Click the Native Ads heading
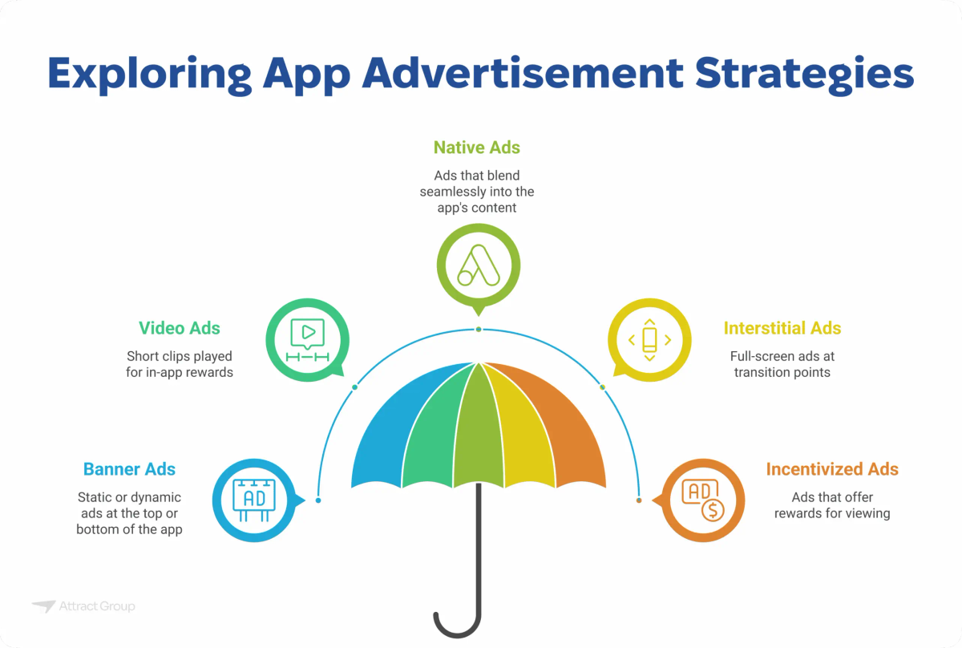pos(477,148)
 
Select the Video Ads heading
pos(179,328)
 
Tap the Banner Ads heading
pos(129,469)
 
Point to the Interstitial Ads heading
pos(782,328)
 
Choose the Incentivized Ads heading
pos(832,469)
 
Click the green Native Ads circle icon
pos(478,265)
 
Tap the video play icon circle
pos(307,340)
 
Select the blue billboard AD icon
pos(253,500)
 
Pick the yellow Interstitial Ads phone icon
pos(649,340)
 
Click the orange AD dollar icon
pos(702,500)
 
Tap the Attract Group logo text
pos(96,606)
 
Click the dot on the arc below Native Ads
pos(479,330)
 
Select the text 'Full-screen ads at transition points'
pos(782,364)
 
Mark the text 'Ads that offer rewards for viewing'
pos(832,505)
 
